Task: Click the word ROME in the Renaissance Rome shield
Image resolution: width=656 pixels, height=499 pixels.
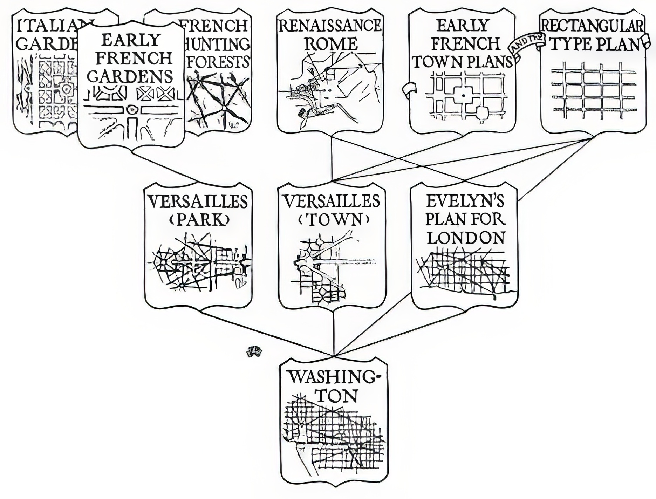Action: point(330,44)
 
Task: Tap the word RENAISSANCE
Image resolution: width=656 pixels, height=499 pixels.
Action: point(330,26)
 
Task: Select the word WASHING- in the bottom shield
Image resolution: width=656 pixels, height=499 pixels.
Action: point(334,378)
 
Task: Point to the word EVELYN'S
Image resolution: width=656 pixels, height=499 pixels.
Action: point(465,201)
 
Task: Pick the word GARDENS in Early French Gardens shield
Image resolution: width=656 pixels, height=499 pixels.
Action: point(130,76)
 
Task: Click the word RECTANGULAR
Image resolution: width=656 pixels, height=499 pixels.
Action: point(593,26)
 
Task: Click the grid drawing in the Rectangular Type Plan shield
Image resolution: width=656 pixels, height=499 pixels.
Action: point(593,87)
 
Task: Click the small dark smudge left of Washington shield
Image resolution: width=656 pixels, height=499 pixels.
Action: point(254,351)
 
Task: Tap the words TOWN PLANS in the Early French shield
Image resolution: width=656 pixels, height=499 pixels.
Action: point(462,62)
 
